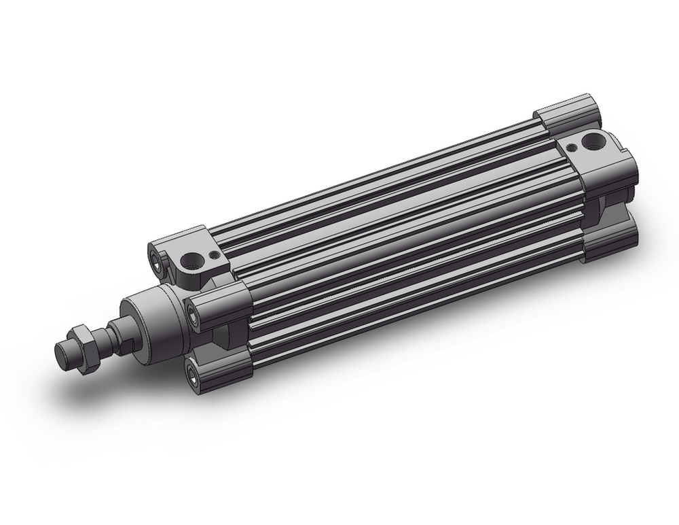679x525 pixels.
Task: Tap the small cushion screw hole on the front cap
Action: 216,256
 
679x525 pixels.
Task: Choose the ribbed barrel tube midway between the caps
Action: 401,238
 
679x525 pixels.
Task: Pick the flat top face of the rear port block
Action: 584,136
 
